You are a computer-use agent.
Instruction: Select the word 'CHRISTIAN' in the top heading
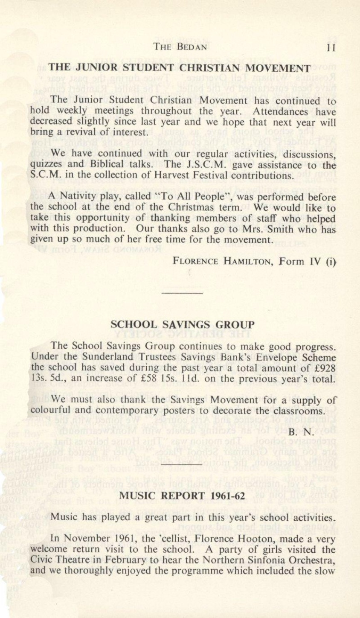point(194,67)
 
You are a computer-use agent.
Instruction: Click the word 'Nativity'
point(78,198)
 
